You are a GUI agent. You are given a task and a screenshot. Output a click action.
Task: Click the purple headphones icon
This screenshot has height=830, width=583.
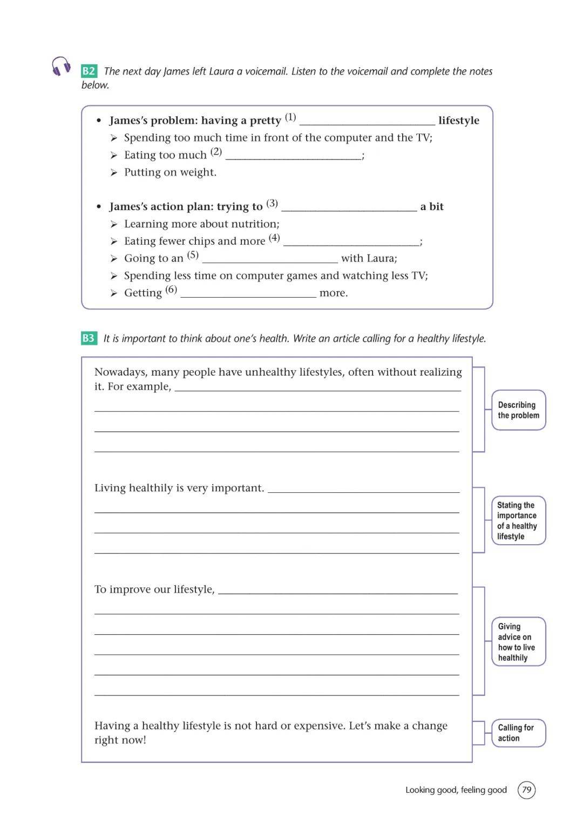[61, 66]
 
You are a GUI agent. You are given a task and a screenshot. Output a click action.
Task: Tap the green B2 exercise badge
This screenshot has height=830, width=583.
[89, 71]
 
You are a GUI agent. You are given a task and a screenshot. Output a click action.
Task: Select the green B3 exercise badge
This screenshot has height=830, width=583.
[89, 338]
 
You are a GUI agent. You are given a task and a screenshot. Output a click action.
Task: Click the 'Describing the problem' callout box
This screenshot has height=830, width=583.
[518, 410]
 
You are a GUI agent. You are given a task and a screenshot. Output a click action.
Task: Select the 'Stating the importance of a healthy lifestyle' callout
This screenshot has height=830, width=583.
[518, 520]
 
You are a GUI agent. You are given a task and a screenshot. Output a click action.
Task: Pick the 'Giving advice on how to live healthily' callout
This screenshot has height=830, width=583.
[518, 642]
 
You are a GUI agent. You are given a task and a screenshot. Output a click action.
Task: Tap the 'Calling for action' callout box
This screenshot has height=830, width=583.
[518, 733]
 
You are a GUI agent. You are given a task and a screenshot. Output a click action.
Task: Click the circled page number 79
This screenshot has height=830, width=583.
[526, 790]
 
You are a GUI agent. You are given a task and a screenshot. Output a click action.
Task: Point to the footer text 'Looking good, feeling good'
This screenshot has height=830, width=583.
[456, 790]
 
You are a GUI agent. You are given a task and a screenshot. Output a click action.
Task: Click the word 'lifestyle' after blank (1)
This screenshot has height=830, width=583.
[458, 121]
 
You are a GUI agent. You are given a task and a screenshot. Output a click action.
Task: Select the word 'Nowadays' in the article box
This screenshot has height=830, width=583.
[120, 372]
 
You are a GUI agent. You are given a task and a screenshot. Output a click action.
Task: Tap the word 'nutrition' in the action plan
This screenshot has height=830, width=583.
[254, 224]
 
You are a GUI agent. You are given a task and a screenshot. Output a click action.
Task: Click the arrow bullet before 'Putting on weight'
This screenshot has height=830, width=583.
[114, 172]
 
